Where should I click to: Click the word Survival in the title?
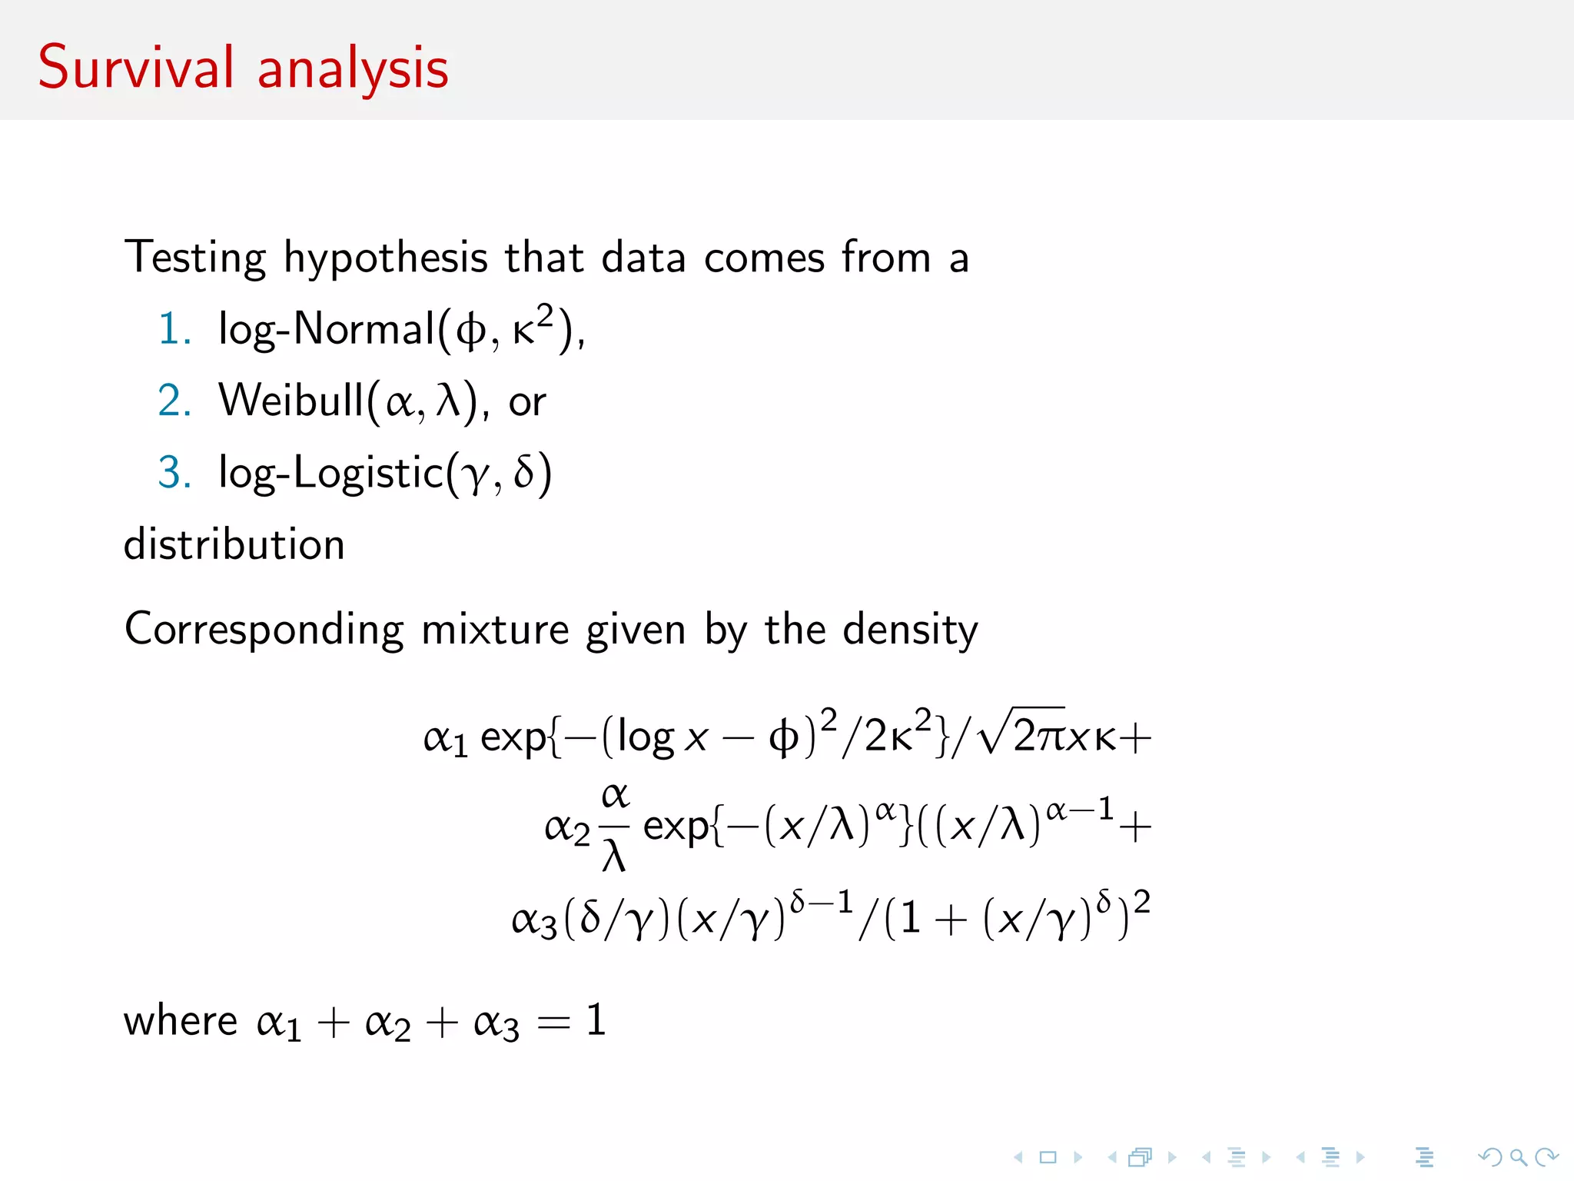coord(135,68)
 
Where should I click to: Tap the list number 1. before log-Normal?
coord(174,329)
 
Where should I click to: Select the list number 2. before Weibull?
coord(174,401)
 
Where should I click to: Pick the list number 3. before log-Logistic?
coord(174,472)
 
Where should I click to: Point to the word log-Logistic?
coord(331,473)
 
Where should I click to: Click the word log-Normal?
coord(327,330)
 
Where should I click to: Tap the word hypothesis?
coord(385,258)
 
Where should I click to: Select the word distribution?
coord(234,545)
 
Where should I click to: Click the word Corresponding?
coord(264,630)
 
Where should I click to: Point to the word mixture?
coord(495,630)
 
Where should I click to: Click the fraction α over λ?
coord(614,827)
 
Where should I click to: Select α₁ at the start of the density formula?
coord(445,739)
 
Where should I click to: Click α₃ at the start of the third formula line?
coord(534,920)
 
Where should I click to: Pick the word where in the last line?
coord(181,1021)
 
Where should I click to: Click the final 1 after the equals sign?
coord(596,1021)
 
